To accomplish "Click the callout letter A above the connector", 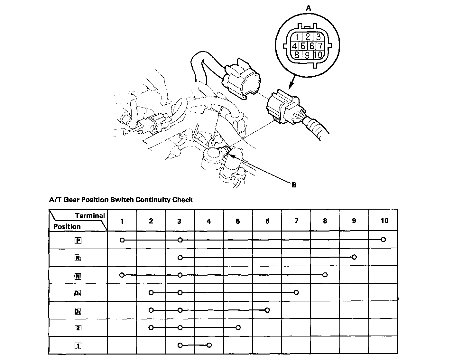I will [308, 8].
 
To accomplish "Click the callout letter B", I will [293, 185].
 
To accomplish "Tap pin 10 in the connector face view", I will [318, 55].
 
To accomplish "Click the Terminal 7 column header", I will [296, 221].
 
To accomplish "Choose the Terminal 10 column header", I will [384, 221].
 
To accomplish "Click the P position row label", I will [78, 240].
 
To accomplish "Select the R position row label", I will [78, 258].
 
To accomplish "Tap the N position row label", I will [78, 276].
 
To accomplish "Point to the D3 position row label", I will [78, 311].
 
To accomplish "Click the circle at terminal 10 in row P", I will [383, 240].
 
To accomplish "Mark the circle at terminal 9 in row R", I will [354, 257].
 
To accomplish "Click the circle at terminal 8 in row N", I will [325, 275].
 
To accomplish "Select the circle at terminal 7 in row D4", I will [296, 292].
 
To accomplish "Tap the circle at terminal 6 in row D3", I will [267, 310].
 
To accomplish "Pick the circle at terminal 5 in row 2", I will [238, 328].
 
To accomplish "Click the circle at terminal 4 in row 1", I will [209, 345].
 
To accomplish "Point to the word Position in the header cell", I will [67, 226].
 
